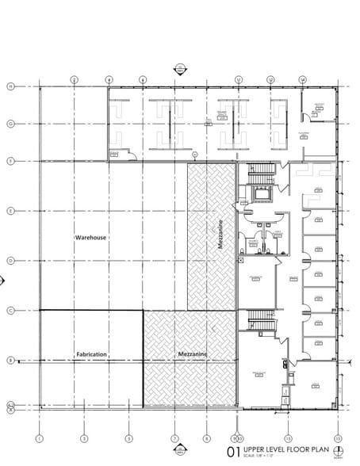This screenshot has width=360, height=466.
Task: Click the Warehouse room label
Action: click(x=91, y=237)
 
